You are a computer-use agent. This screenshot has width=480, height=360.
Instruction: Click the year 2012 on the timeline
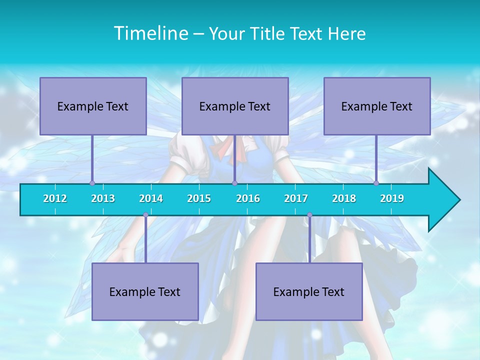tap(55, 198)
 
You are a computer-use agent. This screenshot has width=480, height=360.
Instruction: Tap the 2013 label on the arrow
tap(103, 198)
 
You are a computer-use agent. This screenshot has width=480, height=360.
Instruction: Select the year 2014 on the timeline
tap(151, 198)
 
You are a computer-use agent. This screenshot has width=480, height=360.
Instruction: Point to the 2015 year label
tap(199, 198)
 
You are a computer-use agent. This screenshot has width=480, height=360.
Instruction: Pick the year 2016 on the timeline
tap(248, 198)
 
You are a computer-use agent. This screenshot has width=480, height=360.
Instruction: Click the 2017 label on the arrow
tap(296, 198)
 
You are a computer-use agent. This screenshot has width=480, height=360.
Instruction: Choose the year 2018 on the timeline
tap(344, 198)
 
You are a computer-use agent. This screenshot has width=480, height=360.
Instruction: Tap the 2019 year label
tap(392, 198)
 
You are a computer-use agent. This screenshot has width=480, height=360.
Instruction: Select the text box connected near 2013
tap(93, 106)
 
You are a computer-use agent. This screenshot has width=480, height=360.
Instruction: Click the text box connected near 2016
tap(235, 106)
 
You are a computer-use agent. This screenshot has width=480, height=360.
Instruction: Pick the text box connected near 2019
tap(377, 106)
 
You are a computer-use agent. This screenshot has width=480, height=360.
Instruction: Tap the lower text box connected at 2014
tap(145, 291)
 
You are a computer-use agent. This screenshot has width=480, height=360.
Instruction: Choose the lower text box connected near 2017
tap(309, 291)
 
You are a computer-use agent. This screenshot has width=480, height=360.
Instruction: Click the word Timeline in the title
tap(149, 33)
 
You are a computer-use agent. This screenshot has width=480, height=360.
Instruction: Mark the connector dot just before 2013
tap(92, 183)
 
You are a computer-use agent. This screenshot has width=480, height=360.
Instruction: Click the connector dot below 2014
tap(145, 215)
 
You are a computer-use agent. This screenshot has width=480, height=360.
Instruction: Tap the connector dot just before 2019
tap(376, 183)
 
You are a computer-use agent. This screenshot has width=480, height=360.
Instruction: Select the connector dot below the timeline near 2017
tap(309, 215)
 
